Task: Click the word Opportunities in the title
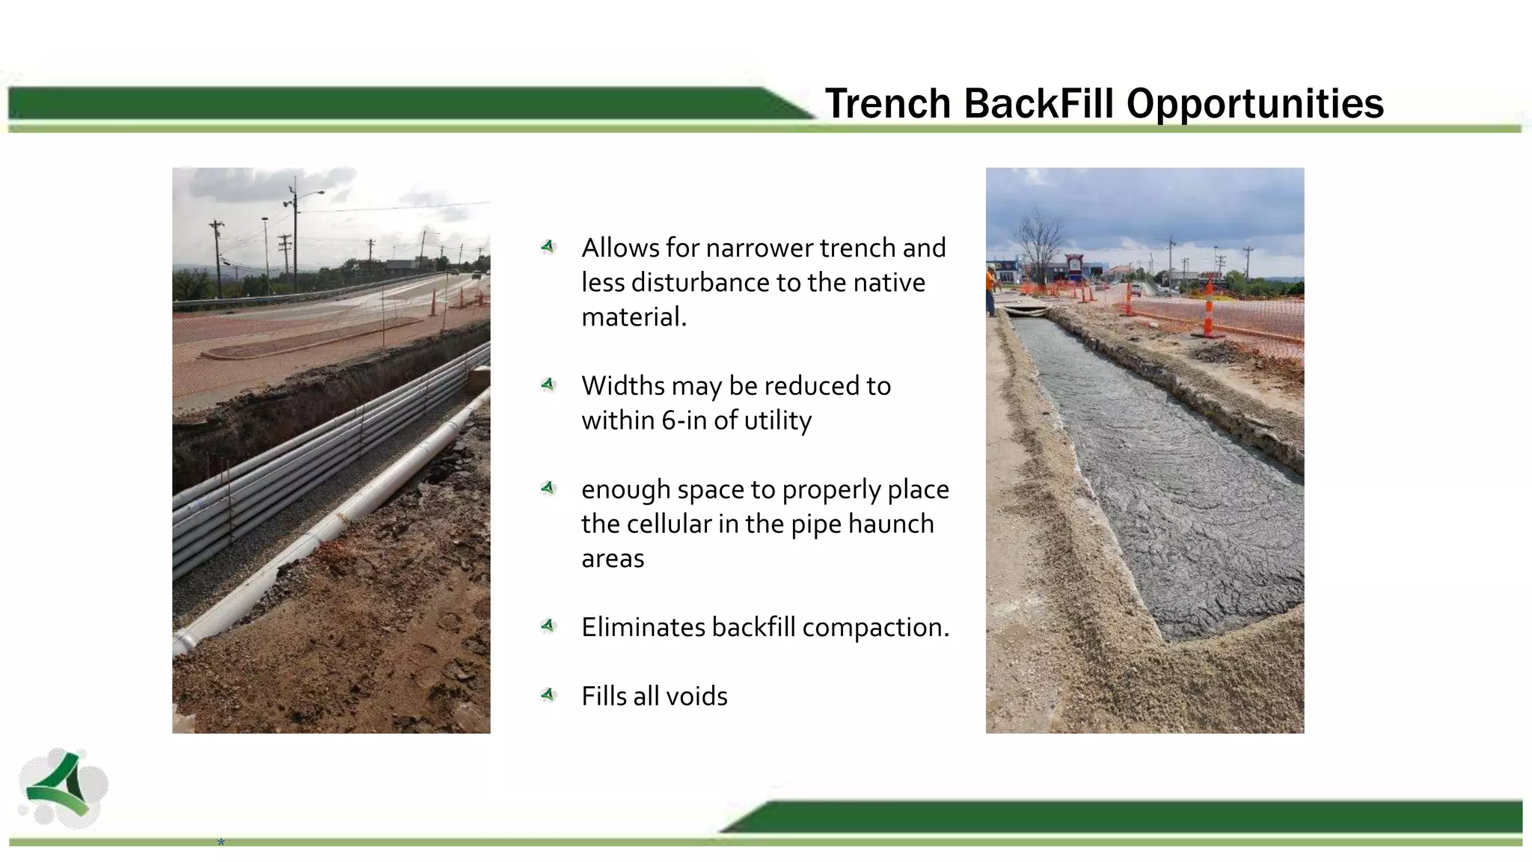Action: tap(1254, 103)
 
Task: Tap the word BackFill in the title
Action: tap(1039, 103)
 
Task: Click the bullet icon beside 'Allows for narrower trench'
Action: tap(548, 246)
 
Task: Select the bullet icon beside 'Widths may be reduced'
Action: tap(548, 385)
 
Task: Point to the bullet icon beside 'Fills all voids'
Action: tap(548, 695)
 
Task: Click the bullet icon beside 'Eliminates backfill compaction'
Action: tap(548, 626)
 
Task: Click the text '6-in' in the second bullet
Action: tap(684, 421)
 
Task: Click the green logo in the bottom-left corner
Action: tap(63, 788)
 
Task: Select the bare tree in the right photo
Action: tap(1041, 239)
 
